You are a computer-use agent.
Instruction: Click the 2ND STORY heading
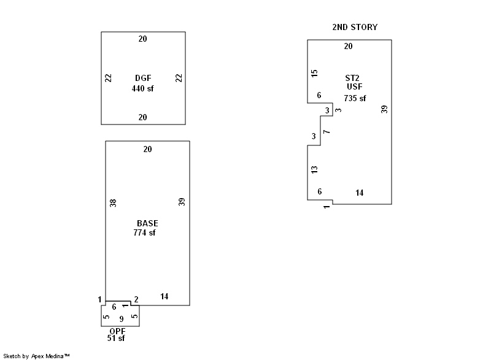tap(355, 28)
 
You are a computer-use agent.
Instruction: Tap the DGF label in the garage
tap(143, 78)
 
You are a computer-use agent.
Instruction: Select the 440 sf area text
tap(143, 88)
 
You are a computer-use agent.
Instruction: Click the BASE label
tap(147, 223)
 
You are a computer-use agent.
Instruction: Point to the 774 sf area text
tap(144, 233)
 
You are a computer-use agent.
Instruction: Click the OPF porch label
tap(118, 331)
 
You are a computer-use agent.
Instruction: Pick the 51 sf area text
tap(115, 338)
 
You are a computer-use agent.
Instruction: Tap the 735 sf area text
tap(355, 98)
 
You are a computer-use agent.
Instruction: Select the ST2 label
tap(352, 78)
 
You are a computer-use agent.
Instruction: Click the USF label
tap(355, 87)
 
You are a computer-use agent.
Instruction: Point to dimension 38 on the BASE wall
tap(113, 202)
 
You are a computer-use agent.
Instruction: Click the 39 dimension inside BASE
tap(182, 202)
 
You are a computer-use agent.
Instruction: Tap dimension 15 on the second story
tap(315, 73)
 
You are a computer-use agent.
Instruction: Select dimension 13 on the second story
tap(315, 169)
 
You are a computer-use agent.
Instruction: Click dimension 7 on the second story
tap(327, 132)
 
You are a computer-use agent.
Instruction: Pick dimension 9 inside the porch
tap(121, 319)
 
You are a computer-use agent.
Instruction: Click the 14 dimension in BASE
tap(164, 297)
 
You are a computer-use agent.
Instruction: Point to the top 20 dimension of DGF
tap(142, 39)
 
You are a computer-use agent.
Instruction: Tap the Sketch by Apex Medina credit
tap(36, 356)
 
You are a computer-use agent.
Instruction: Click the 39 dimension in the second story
tap(384, 109)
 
